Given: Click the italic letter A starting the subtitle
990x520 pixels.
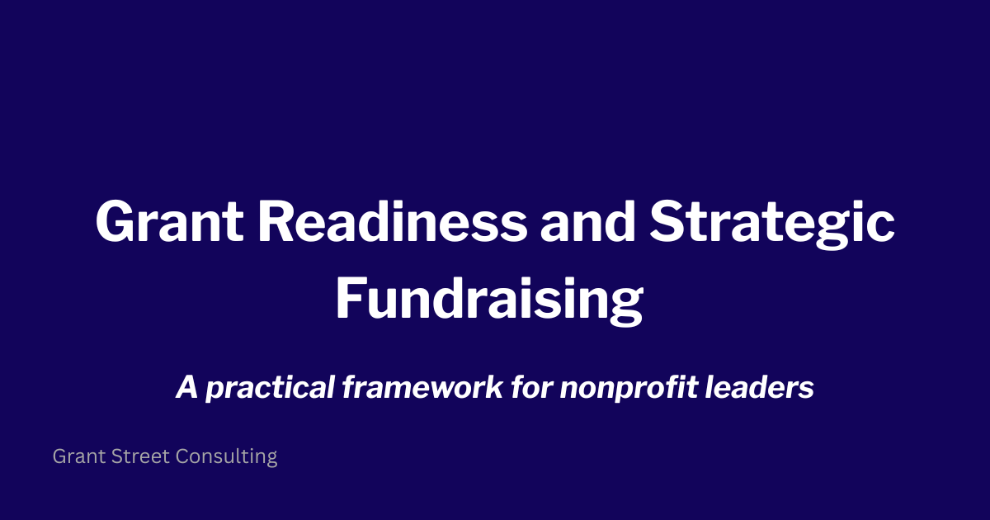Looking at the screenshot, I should pyautogui.click(x=186, y=388).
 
